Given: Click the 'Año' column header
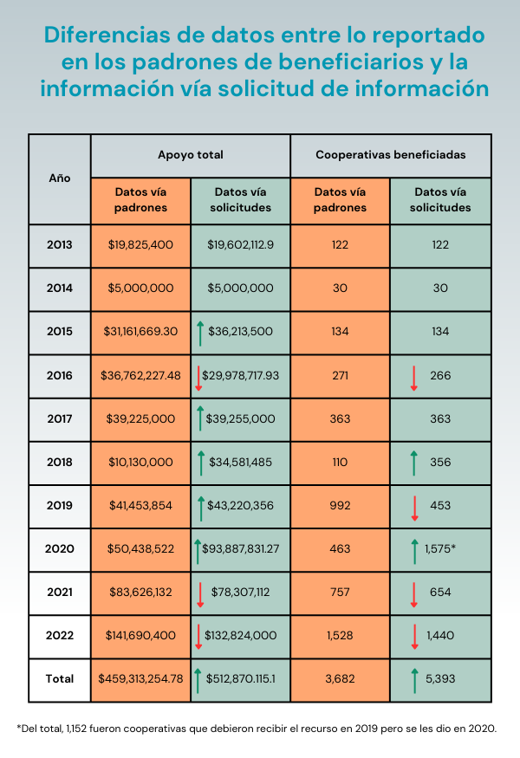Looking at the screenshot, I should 59,178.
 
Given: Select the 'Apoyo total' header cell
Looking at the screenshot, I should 190,155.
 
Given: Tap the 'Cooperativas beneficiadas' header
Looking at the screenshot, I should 390,155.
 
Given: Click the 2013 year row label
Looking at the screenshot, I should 59,245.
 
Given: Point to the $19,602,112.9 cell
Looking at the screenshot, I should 240,245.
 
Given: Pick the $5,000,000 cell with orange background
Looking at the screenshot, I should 140,288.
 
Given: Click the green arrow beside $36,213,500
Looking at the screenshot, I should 199,332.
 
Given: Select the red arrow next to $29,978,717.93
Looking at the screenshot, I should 198,376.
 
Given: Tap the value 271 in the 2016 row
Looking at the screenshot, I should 340,375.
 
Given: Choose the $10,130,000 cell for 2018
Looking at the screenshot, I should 140,462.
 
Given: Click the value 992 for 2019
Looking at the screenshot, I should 340,505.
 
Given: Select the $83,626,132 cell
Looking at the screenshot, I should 140,592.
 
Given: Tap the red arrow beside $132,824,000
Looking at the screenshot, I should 198,636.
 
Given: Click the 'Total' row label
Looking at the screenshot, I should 59,678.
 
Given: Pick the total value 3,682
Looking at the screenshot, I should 340,678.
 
